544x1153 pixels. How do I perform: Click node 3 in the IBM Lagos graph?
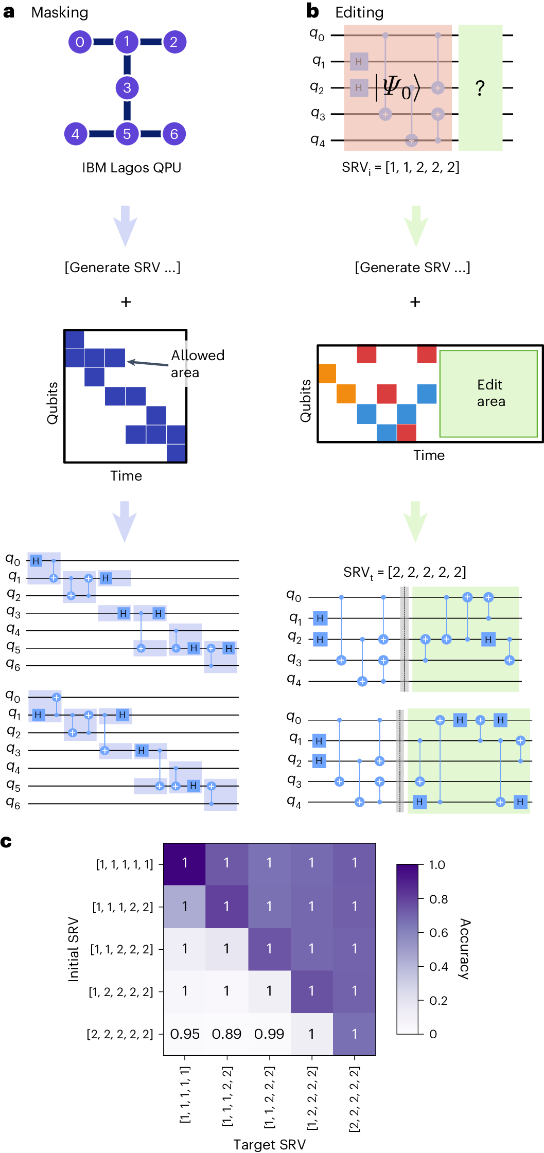(127, 88)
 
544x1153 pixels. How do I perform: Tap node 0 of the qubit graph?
(80, 42)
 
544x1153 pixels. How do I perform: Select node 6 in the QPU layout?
(174, 134)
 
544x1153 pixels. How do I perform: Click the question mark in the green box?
(480, 88)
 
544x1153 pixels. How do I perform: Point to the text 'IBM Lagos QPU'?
(132, 168)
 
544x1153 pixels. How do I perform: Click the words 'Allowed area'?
(197, 364)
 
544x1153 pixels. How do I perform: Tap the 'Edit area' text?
(490, 393)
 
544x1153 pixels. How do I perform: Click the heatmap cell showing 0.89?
(226, 1034)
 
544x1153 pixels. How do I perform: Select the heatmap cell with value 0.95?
(185, 1034)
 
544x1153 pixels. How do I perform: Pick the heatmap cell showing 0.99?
(269, 1034)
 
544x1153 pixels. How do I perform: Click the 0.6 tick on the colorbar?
(438, 933)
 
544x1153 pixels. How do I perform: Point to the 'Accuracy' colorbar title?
(464, 948)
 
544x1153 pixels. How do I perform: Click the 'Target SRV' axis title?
(269, 1144)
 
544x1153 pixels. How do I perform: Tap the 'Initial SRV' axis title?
(74, 949)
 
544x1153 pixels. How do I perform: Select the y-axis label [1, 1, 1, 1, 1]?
(125, 864)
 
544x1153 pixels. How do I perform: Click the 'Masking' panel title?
(60, 12)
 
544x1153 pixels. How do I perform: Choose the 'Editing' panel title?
(359, 12)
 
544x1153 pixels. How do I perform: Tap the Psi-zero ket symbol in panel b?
(397, 87)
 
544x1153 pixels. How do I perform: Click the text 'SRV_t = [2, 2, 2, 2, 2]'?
(405, 572)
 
